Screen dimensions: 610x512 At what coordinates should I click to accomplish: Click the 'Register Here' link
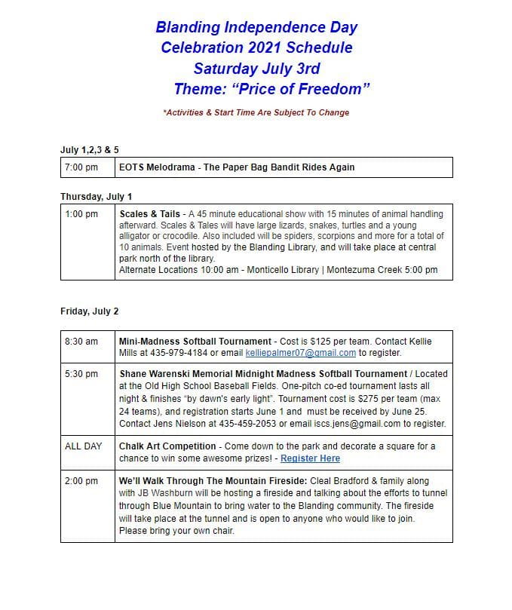[310, 458]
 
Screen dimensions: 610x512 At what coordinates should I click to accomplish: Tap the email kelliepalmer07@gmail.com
[301, 352]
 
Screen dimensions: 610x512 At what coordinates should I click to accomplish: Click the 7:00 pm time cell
[81, 167]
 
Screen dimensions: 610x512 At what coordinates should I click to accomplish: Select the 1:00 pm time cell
[81, 214]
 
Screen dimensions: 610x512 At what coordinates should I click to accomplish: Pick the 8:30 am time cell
[81, 341]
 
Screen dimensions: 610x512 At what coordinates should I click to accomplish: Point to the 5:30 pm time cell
[81, 373]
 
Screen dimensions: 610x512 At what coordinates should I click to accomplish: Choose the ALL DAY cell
[83, 446]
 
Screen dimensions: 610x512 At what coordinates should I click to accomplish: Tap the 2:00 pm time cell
[81, 480]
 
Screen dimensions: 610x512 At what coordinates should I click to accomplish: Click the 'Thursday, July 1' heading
[96, 196]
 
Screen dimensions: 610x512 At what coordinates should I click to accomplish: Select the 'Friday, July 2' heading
[89, 311]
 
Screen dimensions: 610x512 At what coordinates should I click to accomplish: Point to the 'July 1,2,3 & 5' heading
[89, 149]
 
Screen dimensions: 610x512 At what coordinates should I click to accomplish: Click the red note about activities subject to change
[256, 112]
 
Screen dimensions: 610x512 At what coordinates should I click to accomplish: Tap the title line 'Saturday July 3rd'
[256, 69]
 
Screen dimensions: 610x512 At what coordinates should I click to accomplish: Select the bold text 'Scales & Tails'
[150, 214]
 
